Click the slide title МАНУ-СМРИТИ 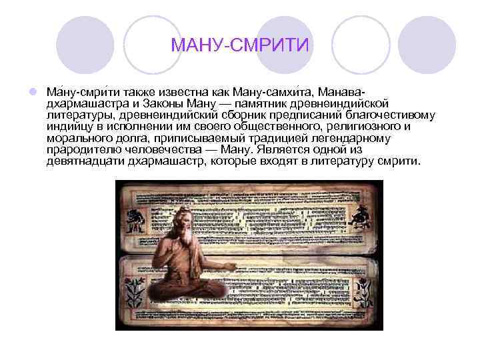point(240,45)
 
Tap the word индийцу point(70,127)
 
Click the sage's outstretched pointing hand point(230,265)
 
